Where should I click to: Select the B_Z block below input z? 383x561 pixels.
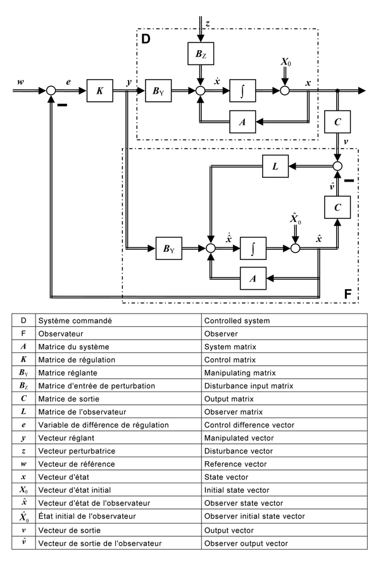(x=200, y=55)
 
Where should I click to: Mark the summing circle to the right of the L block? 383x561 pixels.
(x=338, y=167)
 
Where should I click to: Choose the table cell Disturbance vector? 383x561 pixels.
(x=285, y=451)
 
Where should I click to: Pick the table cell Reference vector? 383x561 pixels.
(x=285, y=464)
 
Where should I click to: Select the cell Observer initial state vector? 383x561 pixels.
(x=285, y=517)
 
